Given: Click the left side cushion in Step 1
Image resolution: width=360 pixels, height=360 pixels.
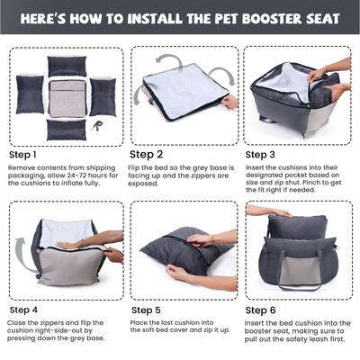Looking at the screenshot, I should coord(30,94).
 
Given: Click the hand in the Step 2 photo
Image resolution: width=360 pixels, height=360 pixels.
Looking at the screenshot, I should coord(230,102).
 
